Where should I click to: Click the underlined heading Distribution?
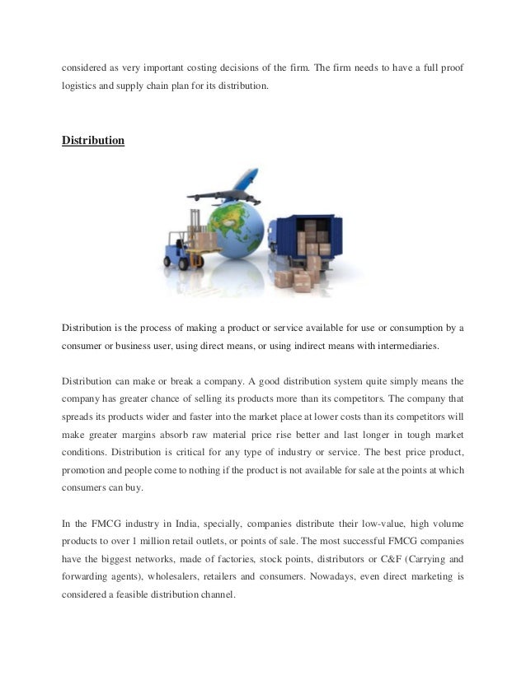pos(93,141)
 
